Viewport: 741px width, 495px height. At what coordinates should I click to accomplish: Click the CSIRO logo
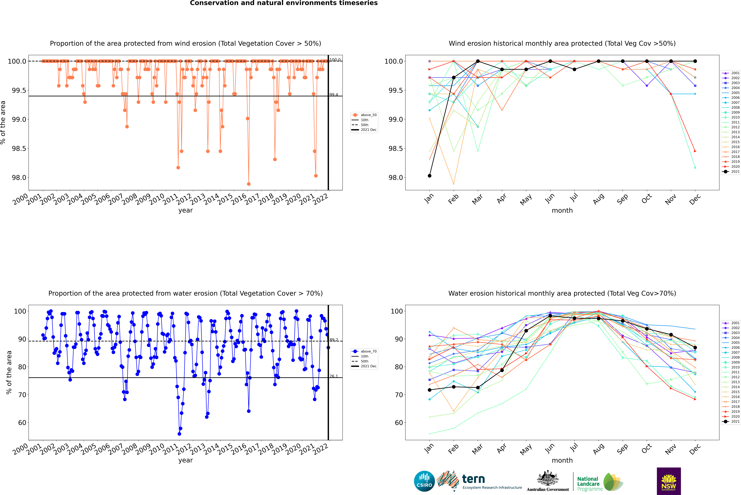tap(424, 481)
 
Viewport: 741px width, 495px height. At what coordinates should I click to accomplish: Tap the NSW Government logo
tap(669, 481)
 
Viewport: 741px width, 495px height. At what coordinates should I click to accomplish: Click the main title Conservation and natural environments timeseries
tap(284, 3)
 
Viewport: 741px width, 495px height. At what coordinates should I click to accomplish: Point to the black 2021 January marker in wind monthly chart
tap(430, 176)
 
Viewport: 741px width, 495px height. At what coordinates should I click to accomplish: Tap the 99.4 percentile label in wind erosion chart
tap(334, 95)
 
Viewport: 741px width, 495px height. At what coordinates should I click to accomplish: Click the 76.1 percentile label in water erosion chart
tap(334, 376)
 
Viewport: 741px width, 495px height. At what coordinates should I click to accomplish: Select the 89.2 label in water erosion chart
tap(334, 340)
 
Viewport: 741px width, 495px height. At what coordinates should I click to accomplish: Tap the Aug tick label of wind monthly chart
tap(599, 199)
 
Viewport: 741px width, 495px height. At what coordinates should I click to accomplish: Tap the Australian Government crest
tap(548, 478)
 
